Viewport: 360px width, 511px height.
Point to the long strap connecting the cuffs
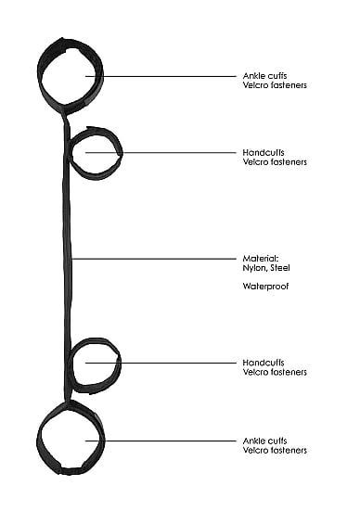pos(67,258)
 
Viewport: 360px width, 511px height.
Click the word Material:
pos(261,259)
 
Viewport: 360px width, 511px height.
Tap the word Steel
pos(280,268)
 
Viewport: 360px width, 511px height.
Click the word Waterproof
pos(265,287)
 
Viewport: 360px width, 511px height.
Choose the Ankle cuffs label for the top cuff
pos(264,76)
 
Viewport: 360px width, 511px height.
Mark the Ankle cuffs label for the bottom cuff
pos(264,441)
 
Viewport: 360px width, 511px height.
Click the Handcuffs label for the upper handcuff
pos(264,152)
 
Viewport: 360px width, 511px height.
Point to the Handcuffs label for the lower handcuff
pos(264,363)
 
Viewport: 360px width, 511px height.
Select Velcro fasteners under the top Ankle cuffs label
pos(275,85)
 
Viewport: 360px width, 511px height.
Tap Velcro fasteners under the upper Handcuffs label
pos(275,161)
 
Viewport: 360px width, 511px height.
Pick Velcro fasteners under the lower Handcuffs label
pos(275,372)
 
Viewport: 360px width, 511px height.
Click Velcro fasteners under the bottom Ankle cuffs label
pos(275,450)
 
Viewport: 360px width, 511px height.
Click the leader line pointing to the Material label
pos(153,259)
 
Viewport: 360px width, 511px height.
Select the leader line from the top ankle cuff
pos(161,76)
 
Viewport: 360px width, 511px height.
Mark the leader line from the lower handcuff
pos(161,363)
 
